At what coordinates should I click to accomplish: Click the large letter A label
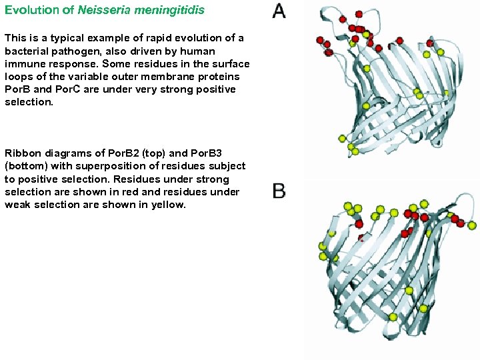(x=279, y=11)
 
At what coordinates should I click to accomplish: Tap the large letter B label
(x=279, y=191)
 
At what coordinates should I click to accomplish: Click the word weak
(x=19, y=205)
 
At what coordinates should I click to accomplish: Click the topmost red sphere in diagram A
(x=359, y=14)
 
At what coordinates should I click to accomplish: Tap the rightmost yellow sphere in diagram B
(x=472, y=226)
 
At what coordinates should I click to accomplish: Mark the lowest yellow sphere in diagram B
(x=393, y=317)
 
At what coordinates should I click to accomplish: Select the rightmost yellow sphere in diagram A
(x=440, y=52)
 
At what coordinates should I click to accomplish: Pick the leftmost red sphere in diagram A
(x=320, y=40)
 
